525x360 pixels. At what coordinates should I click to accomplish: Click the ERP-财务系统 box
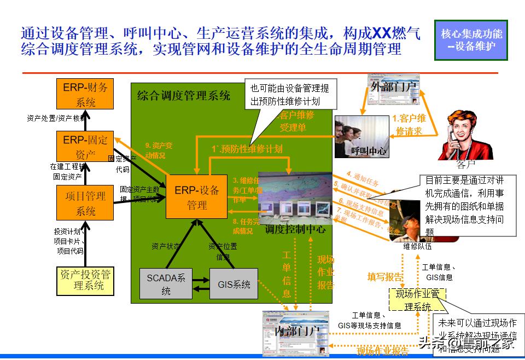85,94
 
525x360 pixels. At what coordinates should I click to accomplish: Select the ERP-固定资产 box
85,147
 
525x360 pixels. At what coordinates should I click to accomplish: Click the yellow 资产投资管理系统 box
85,280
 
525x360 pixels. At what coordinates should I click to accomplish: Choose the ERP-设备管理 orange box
197,198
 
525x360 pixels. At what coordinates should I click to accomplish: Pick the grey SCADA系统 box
166,283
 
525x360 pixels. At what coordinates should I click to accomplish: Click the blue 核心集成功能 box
471,39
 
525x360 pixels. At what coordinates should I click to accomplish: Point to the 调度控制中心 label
295,230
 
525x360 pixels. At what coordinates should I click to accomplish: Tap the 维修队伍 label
417,246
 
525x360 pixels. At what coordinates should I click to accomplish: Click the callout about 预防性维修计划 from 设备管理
290,95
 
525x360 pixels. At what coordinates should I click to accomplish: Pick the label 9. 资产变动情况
158,150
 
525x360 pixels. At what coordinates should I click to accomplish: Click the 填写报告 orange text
385,277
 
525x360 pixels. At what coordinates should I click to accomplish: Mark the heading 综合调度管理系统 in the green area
183,96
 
